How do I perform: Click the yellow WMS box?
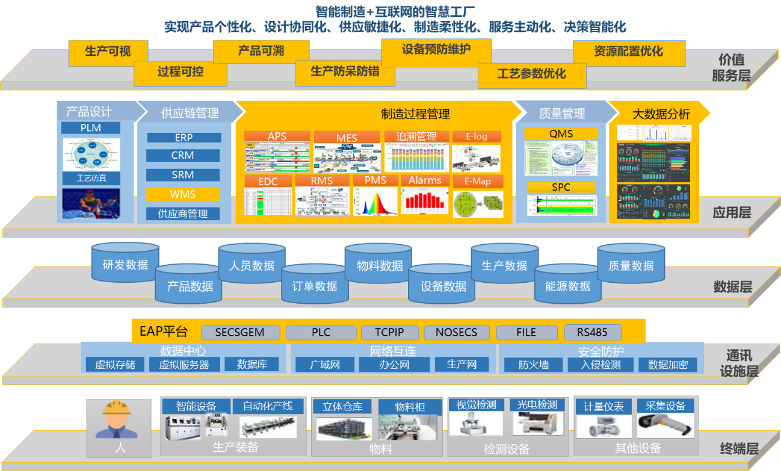tap(184, 194)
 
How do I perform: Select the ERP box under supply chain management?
tap(184, 138)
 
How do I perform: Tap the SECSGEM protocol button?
tap(239, 332)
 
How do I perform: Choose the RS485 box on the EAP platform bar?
tap(592, 332)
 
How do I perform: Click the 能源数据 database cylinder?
tap(568, 286)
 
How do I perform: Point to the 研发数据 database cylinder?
tap(125, 265)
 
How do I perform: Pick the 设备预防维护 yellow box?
tap(436, 50)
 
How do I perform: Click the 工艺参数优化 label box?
tap(531, 74)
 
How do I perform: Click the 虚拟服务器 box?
tap(184, 365)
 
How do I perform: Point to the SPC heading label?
tap(561, 187)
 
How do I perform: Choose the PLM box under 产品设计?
tap(91, 128)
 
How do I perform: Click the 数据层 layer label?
tap(732, 286)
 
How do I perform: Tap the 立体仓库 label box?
tap(342, 407)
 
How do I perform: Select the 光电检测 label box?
tap(537, 405)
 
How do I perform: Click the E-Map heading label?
tap(477, 181)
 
